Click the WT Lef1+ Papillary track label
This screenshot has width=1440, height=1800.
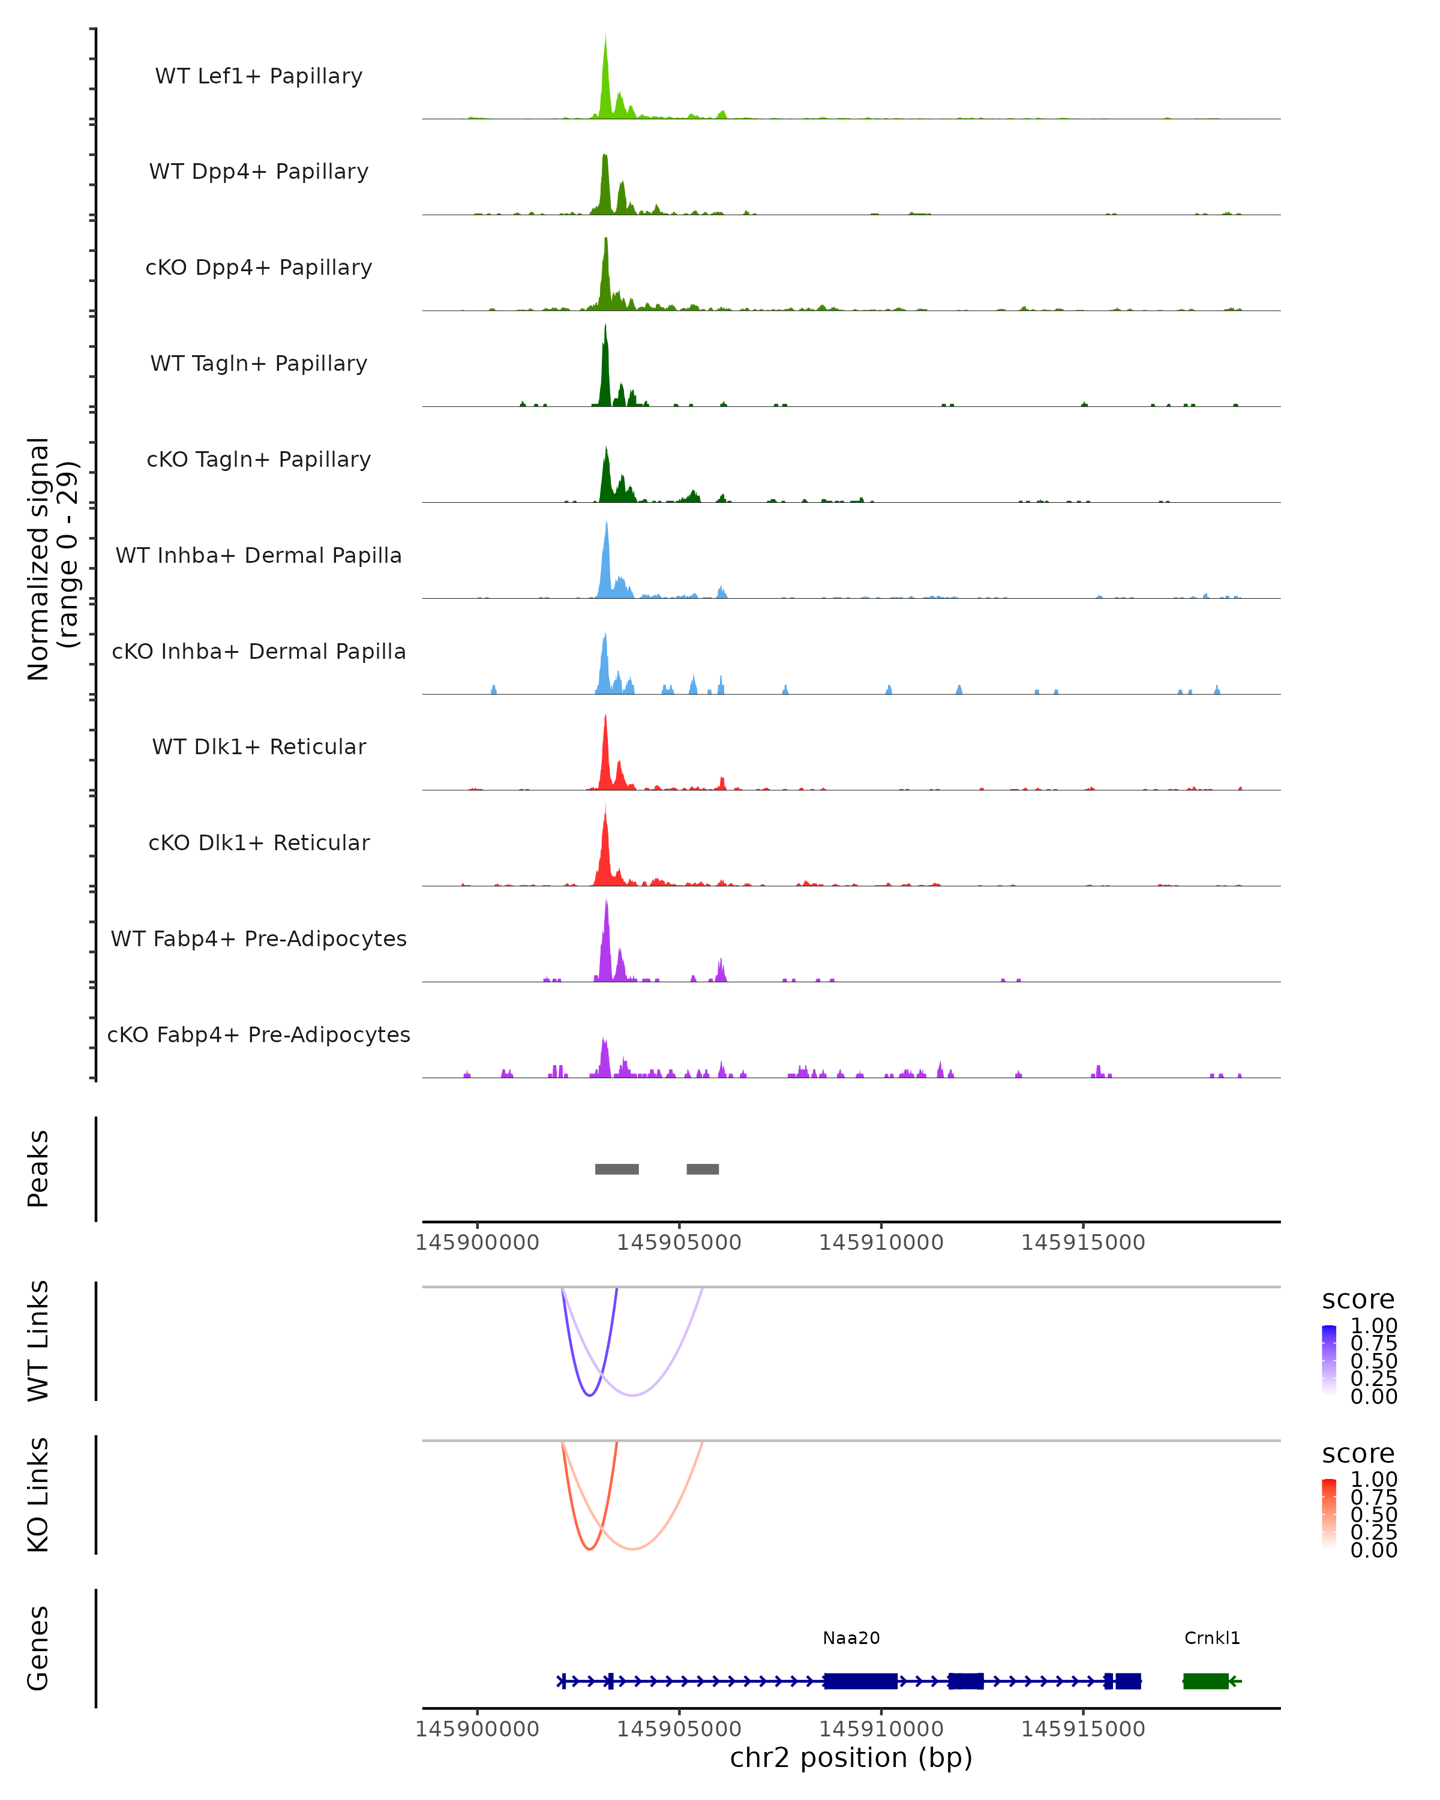click(x=259, y=76)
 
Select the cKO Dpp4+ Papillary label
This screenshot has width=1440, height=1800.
click(x=259, y=267)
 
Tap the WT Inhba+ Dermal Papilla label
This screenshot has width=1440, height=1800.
click(x=259, y=555)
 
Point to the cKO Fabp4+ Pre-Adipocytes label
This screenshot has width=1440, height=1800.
click(x=259, y=1034)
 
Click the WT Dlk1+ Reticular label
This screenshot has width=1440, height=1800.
click(x=259, y=746)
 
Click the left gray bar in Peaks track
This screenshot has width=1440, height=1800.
click(x=617, y=1169)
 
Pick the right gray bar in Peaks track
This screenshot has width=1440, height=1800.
click(x=703, y=1169)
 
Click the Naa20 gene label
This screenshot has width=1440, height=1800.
click(x=851, y=1638)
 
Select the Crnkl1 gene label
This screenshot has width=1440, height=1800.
click(x=1212, y=1638)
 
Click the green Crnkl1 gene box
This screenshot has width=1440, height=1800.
click(x=1205, y=1681)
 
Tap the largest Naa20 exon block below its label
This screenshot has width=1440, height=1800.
click(x=860, y=1681)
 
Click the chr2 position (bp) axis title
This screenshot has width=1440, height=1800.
click(x=851, y=1757)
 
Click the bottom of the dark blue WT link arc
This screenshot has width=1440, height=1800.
click(x=590, y=1395)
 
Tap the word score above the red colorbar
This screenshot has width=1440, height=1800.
click(x=1358, y=1454)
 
